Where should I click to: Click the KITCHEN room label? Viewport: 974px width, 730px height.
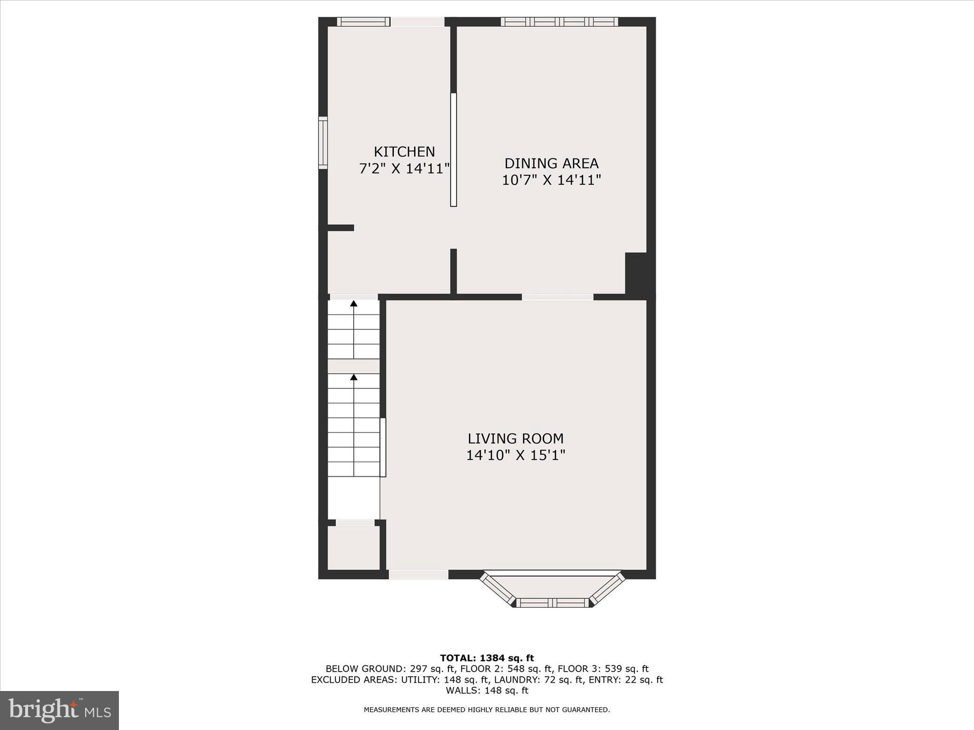404,152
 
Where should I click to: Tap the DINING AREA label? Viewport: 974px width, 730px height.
551,163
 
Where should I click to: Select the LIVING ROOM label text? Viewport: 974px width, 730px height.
516,438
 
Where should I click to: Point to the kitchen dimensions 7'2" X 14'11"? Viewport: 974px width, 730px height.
404,169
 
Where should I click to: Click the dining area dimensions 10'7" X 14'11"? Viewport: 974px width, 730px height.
551,180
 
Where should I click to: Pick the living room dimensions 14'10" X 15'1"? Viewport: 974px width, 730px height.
516,455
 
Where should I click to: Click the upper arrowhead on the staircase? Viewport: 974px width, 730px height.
353,303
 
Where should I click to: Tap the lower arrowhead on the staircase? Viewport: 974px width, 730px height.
353,377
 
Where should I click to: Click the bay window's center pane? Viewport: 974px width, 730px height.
553,603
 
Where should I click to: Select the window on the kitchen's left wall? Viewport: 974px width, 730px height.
323,143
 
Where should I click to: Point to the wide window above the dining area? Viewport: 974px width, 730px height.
559,21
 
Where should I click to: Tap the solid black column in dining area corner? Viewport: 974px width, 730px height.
636,273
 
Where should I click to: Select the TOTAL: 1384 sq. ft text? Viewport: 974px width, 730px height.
487,658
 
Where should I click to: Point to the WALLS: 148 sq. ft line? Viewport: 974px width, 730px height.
487,690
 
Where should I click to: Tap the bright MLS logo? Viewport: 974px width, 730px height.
59,710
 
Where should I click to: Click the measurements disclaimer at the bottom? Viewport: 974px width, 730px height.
487,710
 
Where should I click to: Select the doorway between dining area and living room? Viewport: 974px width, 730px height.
557,297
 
